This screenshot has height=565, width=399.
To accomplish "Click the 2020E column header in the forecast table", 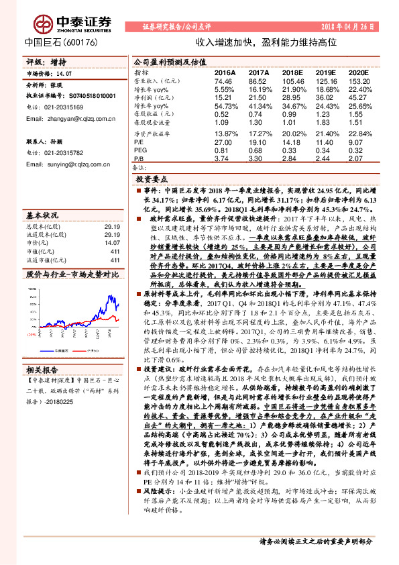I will coord(359,71).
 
